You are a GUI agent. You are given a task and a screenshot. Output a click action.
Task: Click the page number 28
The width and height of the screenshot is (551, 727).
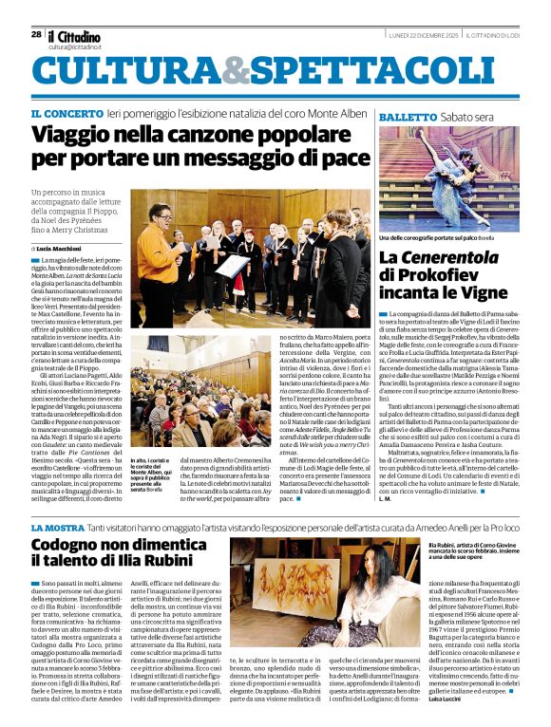click(x=35, y=33)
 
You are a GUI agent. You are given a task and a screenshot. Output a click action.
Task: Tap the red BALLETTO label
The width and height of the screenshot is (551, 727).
click(x=408, y=116)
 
